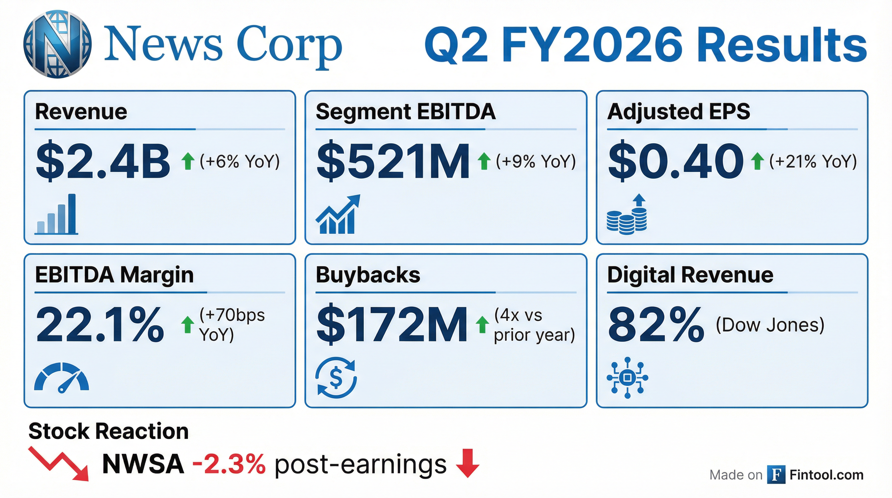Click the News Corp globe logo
(57, 44)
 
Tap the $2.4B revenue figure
(103, 161)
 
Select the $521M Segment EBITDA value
(393, 161)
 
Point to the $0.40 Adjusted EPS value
(676, 161)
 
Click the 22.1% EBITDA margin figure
(100, 325)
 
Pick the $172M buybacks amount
(392, 325)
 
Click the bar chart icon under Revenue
(56, 214)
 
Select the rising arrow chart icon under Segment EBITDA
(338, 214)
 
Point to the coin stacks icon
(627, 214)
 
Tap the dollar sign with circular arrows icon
(336, 377)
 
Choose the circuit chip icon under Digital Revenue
(627, 377)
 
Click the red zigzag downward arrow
(60, 464)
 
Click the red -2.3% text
(229, 464)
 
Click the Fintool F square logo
(776, 474)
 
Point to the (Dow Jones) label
(770, 325)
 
